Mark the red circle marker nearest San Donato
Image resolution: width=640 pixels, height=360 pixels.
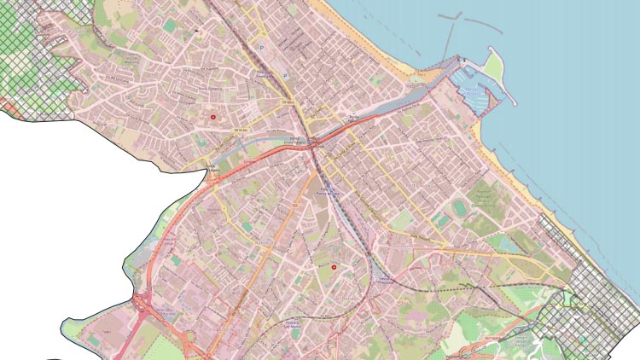[335, 267]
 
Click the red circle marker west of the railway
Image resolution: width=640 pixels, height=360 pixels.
[212, 115]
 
